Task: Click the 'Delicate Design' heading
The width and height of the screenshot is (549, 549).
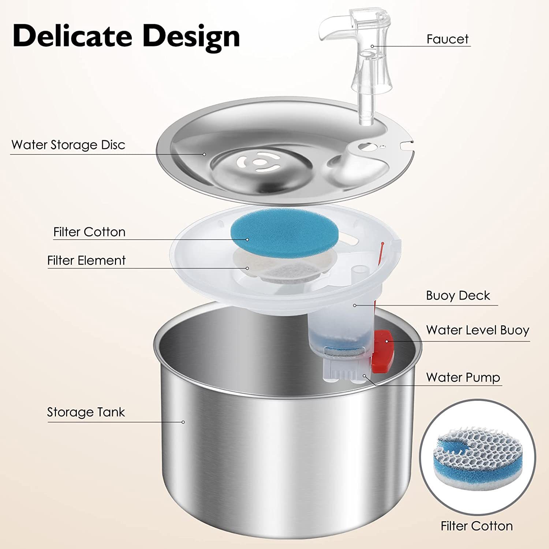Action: pyautogui.click(x=126, y=36)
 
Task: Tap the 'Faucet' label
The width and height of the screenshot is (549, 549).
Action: pyautogui.click(x=447, y=39)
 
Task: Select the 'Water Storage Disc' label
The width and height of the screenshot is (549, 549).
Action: pyautogui.click(x=68, y=145)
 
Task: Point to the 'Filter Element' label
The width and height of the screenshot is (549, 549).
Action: pyautogui.click(x=86, y=261)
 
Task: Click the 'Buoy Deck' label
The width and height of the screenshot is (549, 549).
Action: pyautogui.click(x=457, y=296)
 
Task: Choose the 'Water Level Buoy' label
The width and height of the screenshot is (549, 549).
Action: pyautogui.click(x=477, y=330)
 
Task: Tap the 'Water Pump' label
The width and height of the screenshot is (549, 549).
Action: pyautogui.click(x=463, y=377)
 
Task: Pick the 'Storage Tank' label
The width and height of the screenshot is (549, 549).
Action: pyautogui.click(x=86, y=412)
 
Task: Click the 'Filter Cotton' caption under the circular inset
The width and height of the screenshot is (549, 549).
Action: pyautogui.click(x=477, y=526)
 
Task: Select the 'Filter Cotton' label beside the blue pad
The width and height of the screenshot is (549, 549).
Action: pyautogui.click(x=89, y=232)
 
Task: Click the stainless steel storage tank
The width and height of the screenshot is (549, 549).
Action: pyautogui.click(x=285, y=457)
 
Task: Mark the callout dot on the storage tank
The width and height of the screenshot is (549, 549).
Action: pyautogui.click(x=183, y=422)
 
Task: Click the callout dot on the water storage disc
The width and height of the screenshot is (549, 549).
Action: pyautogui.click(x=205, y=154)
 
